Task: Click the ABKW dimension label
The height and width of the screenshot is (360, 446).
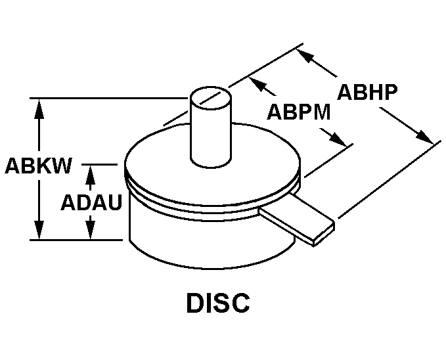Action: pos(38,166)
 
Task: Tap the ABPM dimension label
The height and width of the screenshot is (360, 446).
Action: pos(298,112)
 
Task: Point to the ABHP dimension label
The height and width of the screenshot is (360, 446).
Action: pos(367,92)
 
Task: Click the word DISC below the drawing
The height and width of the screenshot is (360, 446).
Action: pos(219,303)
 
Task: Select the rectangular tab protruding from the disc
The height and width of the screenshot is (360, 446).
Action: pos(296,221)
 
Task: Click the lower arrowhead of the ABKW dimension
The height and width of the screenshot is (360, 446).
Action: pos(41,231)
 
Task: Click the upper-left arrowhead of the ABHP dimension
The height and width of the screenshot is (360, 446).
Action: pos(305,56)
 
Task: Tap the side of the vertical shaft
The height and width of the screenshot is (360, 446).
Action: pos(211,138)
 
